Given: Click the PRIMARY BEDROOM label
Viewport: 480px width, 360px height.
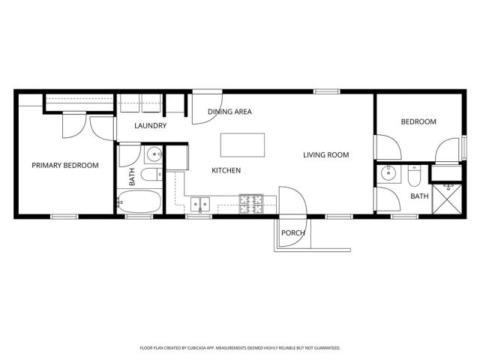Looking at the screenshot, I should pyautogui.click(x=64, y=165).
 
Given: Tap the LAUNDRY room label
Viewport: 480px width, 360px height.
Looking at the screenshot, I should pyautogui.click(x=150, y=125).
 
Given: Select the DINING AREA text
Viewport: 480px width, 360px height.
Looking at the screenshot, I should pyautogui.click(x=229, y=112).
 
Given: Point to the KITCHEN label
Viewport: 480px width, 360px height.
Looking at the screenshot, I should pyautogui.click(x=226, y=170).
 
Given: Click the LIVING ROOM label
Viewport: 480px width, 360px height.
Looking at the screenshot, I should pyautogui.click(x=326, y=155).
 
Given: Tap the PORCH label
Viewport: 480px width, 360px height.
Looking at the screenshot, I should pyautogui.click(x=292, y=232).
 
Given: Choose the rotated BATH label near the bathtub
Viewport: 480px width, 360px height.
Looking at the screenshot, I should pyautogui.click(x=133, y=177).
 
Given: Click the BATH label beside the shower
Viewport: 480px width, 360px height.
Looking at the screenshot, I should pyautogui.click(x=418, y=196).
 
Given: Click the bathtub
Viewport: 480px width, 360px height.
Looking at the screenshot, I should pyautogui.click(x=139, y=202).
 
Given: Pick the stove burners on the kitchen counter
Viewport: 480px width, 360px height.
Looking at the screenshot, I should pyautogui.click(x=250, y=201).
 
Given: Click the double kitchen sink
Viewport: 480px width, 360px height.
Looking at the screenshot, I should pyautogui.click(x=199, y=202).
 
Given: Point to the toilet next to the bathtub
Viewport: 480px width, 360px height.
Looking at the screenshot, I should pyautogui.click(x=150, y=175).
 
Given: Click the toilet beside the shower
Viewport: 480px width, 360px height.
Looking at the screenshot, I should pyautogui.click(x=413, y=176).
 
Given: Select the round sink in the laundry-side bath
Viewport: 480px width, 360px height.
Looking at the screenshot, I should pyautogui.click(x=153, y=155).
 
